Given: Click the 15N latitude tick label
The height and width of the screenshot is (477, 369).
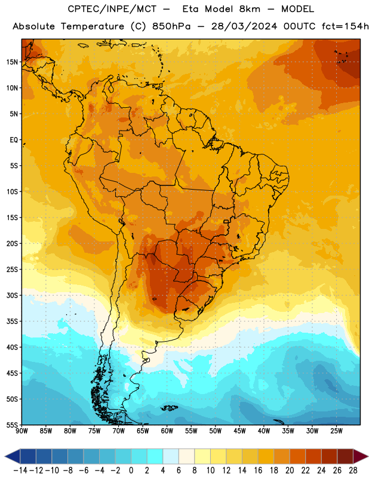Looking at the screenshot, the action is pos(12,62).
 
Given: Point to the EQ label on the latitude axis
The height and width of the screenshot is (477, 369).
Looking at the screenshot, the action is pos(14,140).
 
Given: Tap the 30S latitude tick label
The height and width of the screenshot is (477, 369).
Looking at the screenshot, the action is pos(12,295).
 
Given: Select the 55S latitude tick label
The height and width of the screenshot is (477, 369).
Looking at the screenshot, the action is pos(12,425).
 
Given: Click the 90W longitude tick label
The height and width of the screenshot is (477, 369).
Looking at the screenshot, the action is pos(21,430).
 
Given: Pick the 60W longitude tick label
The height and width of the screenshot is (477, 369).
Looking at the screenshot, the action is pos(167,430).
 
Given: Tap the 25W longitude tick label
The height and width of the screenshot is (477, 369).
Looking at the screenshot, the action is pos(336,430).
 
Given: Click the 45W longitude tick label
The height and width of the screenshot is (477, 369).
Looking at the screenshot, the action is pos(239,430).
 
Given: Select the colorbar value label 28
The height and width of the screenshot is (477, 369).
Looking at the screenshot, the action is pos(353,470).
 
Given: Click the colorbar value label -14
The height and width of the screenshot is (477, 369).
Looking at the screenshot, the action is pos(20,470).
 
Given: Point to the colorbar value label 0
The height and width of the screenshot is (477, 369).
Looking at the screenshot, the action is pos(131,470).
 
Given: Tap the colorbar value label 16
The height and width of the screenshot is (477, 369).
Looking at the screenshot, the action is pos(258,470).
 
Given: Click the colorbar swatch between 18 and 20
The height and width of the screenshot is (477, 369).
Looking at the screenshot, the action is pos(282,456).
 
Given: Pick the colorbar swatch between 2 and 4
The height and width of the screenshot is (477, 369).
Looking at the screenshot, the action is pos(155,456).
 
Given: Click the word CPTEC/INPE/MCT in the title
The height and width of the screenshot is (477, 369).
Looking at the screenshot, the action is pos(112,9).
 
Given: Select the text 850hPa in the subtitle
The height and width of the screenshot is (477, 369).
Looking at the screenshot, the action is pos(171,26).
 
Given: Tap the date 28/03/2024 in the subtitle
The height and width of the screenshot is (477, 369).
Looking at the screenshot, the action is pos(244,26).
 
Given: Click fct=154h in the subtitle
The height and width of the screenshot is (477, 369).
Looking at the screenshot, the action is pos(345,26).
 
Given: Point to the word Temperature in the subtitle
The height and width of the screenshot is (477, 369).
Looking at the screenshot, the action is pos(93,27).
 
